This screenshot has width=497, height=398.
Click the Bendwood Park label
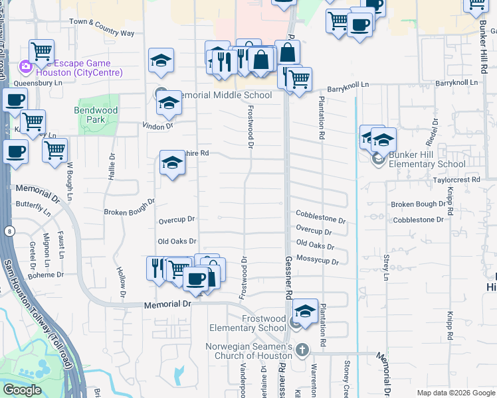tap(96, 115)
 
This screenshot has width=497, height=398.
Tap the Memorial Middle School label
tap(222, 95)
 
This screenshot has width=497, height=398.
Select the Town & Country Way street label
tap(102, 27)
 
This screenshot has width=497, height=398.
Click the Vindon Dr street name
tap(157, 125)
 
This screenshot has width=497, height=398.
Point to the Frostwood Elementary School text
tap(247, 323)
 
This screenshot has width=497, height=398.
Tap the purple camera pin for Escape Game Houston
tap(25, 66)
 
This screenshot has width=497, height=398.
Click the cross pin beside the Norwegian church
tap(302, 350)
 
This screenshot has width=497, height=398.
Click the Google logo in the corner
tap(22, 390)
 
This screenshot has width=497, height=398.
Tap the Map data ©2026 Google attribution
tap(456, 393)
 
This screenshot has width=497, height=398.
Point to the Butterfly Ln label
tap(33, 208)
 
